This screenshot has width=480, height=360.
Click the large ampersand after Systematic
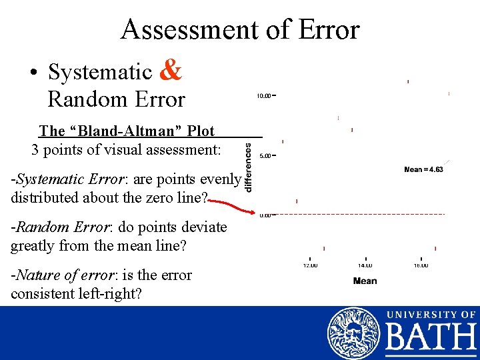pos(171,70)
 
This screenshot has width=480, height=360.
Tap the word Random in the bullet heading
pos(79,100)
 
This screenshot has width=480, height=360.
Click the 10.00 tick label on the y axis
pos(264,96)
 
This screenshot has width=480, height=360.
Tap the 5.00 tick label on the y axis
pos(265,156)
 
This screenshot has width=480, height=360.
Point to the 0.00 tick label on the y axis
pos(265,215)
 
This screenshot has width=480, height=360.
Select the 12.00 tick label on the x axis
pos(311,265)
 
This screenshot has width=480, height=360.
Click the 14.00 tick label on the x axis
pos(365,265)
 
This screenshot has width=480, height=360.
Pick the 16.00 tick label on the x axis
pos(421,265)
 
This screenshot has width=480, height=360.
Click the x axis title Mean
pos(365,281)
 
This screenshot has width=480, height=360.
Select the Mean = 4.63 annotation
pos(423,169)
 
